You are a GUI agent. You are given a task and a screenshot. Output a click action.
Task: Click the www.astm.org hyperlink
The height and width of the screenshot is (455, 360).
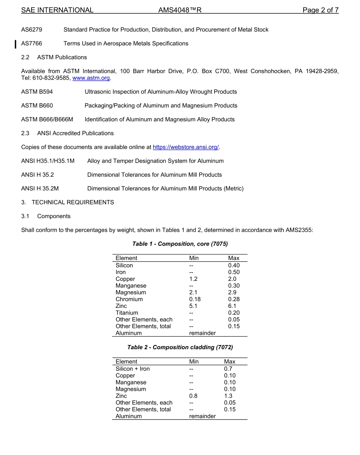[x=91, y=78]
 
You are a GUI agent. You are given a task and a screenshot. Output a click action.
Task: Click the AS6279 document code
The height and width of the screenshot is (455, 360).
[x=31, y=30]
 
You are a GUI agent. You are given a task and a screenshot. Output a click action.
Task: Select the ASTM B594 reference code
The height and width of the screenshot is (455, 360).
[x=37, y=92]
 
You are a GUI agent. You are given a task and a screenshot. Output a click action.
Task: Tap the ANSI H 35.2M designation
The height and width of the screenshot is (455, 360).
[x=40, y=188]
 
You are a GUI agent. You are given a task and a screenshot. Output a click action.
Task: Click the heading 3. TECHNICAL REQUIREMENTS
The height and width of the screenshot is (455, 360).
[x=67, y=202]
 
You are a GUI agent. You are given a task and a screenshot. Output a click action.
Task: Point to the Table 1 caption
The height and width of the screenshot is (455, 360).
[x=180, y=244]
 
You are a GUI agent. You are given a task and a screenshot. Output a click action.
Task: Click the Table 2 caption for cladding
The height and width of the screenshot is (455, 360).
[x=180, y=347]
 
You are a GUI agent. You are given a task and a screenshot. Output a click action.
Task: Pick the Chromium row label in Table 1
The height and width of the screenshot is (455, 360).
[x=129, y=299]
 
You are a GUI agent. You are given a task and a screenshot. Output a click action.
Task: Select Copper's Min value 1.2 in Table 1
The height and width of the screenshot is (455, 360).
[x=193, y=279]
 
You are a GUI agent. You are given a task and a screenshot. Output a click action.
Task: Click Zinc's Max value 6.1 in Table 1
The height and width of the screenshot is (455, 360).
[x=232, y=306]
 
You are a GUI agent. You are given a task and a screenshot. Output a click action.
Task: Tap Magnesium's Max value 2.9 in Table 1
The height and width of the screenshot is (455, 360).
[x=232, y=292]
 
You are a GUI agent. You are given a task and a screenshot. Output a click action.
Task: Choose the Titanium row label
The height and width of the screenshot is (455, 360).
[x=127, y=313]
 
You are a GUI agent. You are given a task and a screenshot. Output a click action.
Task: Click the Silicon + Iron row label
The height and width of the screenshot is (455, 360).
[x=133, y=369]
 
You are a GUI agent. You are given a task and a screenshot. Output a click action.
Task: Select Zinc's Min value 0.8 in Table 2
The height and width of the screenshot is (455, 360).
[x=193, y=396]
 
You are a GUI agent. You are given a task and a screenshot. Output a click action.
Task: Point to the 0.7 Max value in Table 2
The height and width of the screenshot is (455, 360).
[x=228, y=369]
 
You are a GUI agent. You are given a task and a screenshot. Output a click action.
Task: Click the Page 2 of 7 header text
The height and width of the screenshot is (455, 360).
[x=320, y=10]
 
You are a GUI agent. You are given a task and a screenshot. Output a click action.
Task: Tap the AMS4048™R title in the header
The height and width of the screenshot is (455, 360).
[x=180, y=10]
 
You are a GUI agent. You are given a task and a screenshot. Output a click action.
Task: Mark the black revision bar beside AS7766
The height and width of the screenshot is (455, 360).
[x=16, y=44]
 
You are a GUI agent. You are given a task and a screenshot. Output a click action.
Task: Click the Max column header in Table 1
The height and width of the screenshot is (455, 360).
[x=234, y=258]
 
